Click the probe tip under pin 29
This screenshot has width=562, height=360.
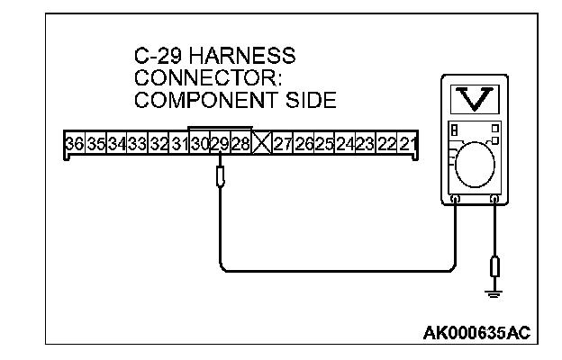click(x=219, y=175)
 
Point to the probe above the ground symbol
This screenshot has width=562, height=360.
click(x=494, y=266)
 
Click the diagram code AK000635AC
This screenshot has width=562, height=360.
click(x=476, y=334)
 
